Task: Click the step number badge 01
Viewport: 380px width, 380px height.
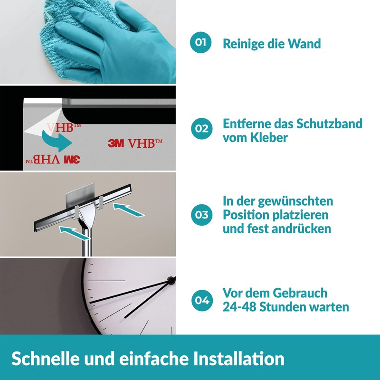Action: point(200,43)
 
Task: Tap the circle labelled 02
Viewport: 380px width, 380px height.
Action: point(200,129)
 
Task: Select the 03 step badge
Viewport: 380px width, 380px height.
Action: point(200,215)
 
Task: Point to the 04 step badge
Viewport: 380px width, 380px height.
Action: point(200,300)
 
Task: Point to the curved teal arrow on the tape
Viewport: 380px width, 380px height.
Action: point(56,139)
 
